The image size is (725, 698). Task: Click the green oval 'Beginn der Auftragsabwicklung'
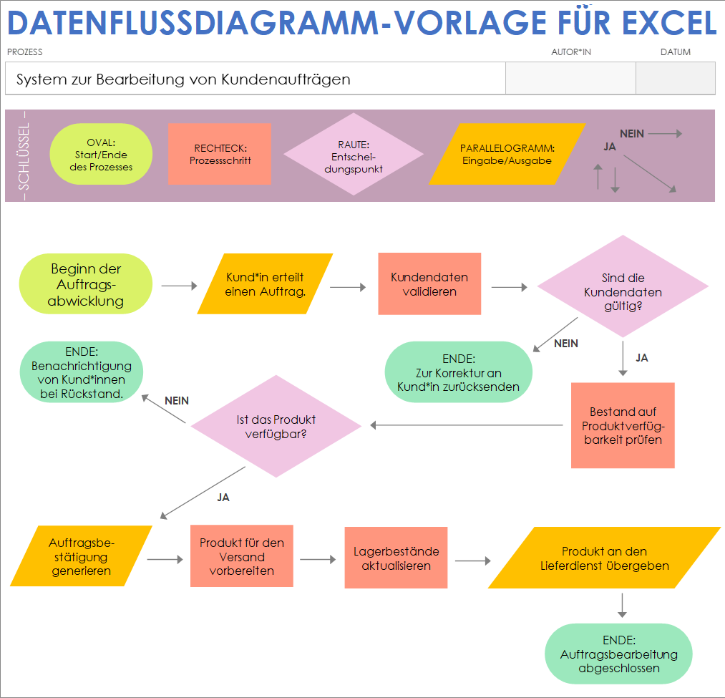click(x=86, y=285)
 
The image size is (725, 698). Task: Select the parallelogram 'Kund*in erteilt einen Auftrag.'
click(x=265, y=284)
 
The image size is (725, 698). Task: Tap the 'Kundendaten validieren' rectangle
click(x=429, y=284)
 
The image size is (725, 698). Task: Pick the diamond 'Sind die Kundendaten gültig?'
click(x=623, y=286)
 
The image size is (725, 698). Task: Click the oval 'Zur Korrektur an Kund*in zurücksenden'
click(x=459, y=373)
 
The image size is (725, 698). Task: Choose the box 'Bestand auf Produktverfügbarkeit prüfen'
click(x=623, y=425)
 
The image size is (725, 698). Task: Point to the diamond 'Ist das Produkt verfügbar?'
click(x=276, y=426)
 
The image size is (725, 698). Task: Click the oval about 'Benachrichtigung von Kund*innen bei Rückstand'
click(x=82, y=372)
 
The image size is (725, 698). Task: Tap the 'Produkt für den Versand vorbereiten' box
click(x=242, y=556)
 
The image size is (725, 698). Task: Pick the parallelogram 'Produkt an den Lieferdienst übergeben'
click(x=604, y=558)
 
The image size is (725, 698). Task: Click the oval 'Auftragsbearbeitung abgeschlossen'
click(x=618, y=654)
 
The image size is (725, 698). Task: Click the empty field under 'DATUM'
click(x=675, y=78)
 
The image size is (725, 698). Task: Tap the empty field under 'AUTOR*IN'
click(x=570, y=78)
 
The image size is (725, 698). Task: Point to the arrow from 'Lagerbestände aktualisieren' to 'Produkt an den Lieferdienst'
click(x=472, y=561)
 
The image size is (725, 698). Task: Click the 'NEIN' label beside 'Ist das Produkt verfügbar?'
click(x=177, y=401)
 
